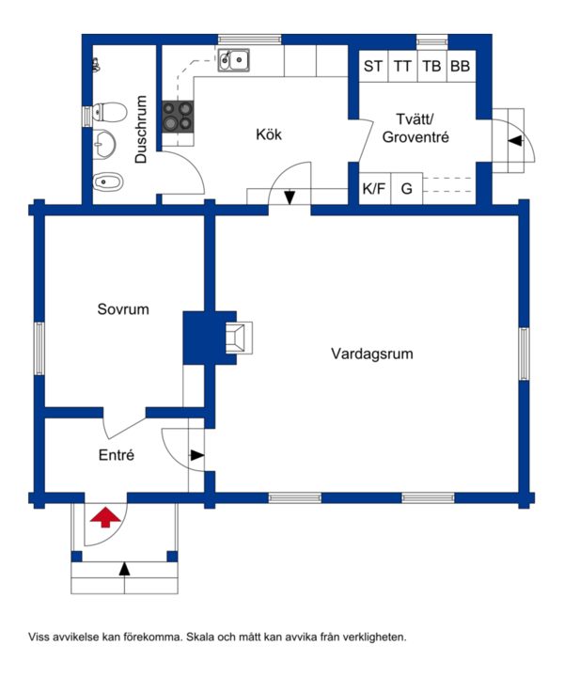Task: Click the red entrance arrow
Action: (105, 517)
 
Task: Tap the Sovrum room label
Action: (123, 309)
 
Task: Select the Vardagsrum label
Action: (372, 354)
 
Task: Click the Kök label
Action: (269, 134)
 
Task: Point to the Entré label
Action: (116, 455)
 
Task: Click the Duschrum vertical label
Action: (141, 129)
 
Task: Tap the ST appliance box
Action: (373, 66)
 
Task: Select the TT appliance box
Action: (402, 66)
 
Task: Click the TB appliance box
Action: (432, 66)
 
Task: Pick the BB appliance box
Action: (461, 66)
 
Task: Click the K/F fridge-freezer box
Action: (374, 188)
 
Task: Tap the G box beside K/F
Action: (406, 188)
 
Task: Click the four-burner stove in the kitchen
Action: (178, 117)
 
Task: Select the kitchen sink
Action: (233, 60)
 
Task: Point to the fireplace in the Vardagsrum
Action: (238, 338)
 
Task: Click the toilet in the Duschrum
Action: (110, 112)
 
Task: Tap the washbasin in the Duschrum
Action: (104, 144)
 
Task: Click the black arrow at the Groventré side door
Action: (515, 141)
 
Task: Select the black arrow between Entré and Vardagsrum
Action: (197, 455)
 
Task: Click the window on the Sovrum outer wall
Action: (39, 348)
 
